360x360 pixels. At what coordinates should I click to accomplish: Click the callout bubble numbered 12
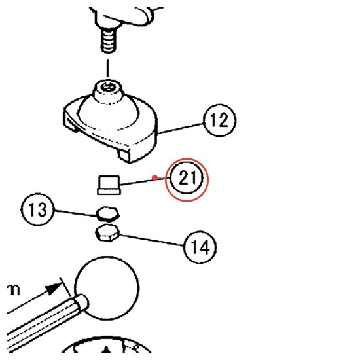tap(220, 120)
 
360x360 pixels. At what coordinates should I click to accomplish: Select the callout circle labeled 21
tap(187, 179)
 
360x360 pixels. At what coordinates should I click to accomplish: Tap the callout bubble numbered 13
tap(38, 209)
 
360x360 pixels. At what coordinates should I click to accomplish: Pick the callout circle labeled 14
tap(200, 247)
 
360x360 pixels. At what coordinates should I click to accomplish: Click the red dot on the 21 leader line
tap(155, 177)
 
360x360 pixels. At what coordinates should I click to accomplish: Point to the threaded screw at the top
tap(108, 42)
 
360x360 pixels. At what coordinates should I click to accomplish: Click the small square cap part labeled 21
tap(109, 185)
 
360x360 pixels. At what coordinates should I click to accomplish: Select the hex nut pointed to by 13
tap(108, 214)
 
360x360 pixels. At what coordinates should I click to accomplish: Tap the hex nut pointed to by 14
tap(107, 233)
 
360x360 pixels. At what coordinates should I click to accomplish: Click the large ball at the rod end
tap(107, 288)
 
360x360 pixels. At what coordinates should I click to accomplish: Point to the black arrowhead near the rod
tap(54, 289)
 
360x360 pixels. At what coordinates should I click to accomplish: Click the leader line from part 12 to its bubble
tap(181, 128)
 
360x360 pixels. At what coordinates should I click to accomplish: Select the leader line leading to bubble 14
tap(152, 240)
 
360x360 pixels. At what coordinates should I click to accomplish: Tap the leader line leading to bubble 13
tap(76, 213)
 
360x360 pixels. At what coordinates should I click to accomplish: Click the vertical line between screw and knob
tap(107, 68)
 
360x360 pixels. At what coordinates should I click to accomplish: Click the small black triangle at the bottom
tap(105, 349)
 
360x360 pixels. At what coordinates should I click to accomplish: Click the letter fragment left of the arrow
tap(14, 290)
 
